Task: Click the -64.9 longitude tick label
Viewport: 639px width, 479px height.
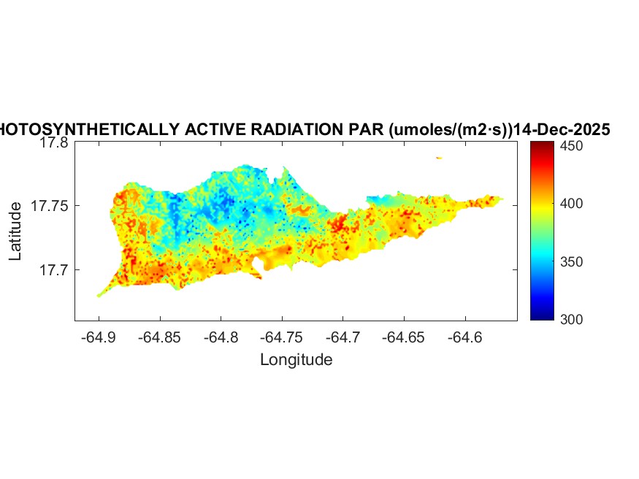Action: click(x=99, y=337)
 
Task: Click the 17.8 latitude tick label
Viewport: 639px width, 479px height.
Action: click(x=54, y=143)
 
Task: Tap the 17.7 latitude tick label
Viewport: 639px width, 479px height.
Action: click(x=54, y=270)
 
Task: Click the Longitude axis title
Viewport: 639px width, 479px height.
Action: click(x=296, y=359)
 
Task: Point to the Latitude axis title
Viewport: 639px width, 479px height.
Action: click(x=15, y=232)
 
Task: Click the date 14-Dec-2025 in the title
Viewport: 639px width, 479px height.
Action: click(x=562, y=130)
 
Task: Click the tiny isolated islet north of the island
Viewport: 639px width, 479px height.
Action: click(x=439, y=158)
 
